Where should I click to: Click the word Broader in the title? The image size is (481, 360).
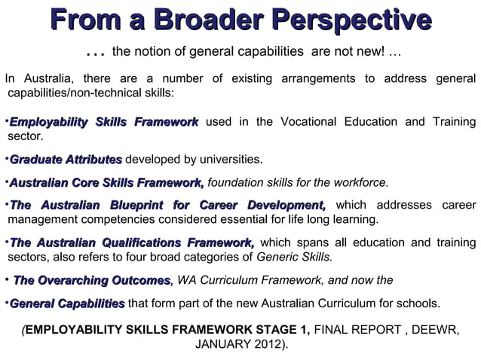(198, 21)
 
